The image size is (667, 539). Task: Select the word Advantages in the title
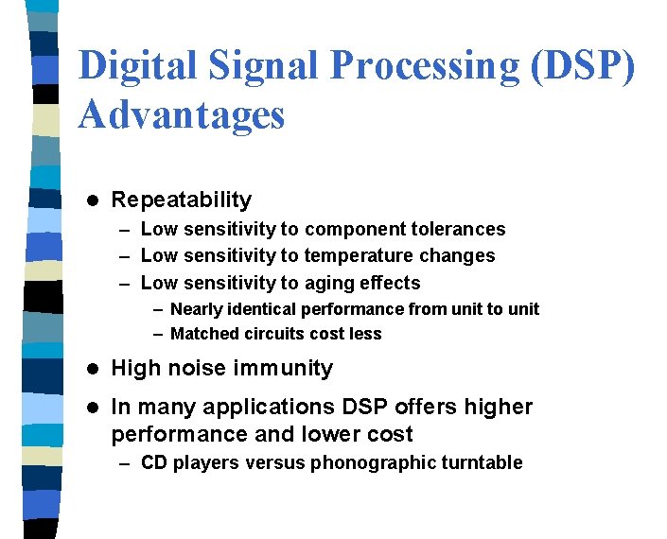click(182, 114)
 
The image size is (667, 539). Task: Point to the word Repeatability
click(182, 200)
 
